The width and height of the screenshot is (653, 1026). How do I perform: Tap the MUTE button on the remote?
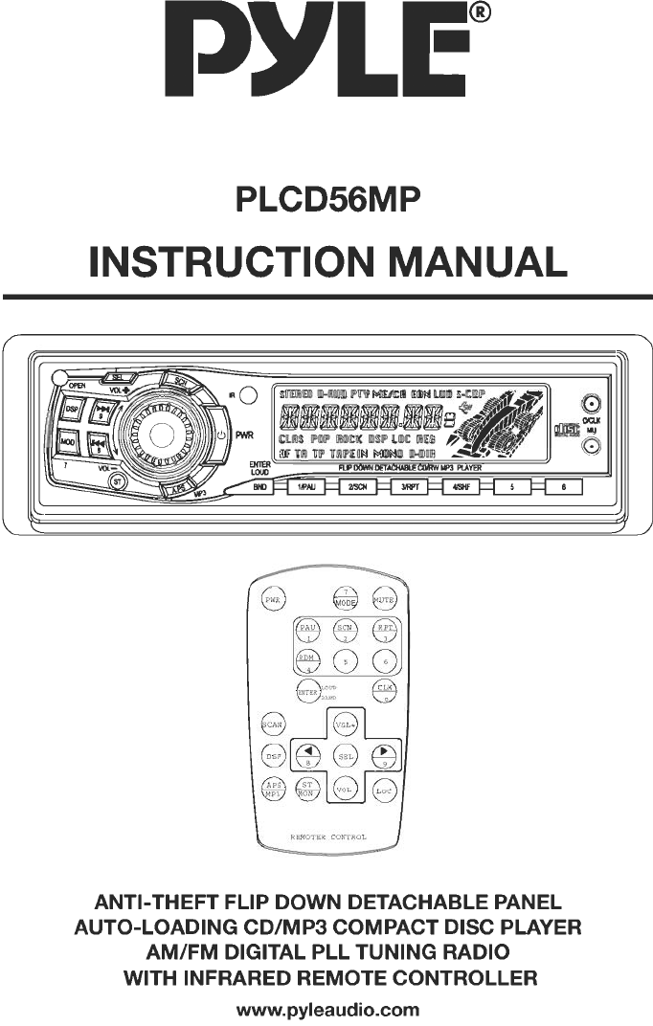pyautogui.click(x=384, y=599)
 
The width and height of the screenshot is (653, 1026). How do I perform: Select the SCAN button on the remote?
pyautogui.click(x=274, y=725)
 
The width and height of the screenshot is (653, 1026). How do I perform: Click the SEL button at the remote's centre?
pyautogui.click(x=346, y=756)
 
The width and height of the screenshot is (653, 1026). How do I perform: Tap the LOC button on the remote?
pyautogui.click(x=384, y=791)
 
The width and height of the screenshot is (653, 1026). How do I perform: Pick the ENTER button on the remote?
pyautogui.click(x=306, y=691)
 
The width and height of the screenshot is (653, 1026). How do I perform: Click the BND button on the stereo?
pyautogui.click(x=259, y=487)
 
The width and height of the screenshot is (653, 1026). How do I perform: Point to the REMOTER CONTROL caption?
pyautogui.click(x=328, y=837)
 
